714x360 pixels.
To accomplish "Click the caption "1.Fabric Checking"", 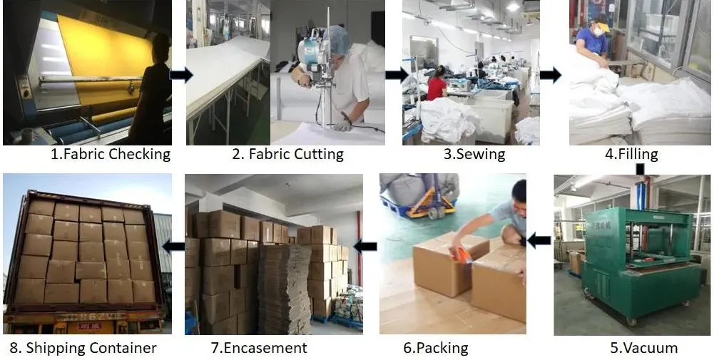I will point(111,153).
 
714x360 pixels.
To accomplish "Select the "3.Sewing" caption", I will point(474,153).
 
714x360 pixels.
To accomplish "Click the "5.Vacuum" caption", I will point(643,348).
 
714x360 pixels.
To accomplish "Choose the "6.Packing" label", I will point(436,348).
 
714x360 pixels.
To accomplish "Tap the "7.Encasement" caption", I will point(259,348).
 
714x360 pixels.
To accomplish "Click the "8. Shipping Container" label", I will point(83,348).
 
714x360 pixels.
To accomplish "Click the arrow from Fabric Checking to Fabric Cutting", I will point(181,76).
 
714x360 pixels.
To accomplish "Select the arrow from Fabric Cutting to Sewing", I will point(397,75).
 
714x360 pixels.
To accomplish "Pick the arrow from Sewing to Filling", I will point(550,75).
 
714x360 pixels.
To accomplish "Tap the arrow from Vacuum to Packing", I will point(539,240).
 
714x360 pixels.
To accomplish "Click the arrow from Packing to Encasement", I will point(365,247).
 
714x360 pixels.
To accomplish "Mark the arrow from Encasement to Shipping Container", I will point(173,247).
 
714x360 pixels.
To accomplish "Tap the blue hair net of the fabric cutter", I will point(340,40).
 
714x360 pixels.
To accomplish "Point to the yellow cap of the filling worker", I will point(603,27).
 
